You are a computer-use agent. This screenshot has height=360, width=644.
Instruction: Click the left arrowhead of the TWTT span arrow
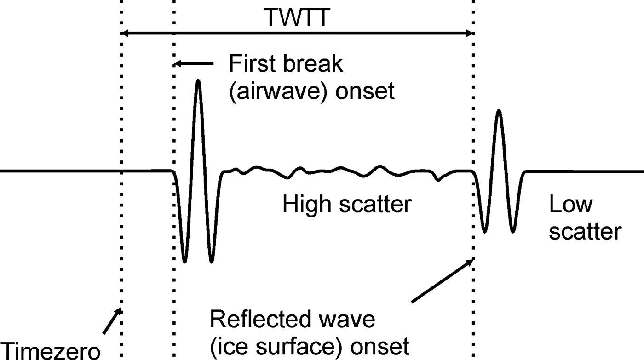[124, 33]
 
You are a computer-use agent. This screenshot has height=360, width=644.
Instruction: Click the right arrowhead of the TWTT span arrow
[469, 33]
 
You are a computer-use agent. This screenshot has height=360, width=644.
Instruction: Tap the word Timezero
[50, 350]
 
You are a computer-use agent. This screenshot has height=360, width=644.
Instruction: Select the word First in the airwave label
[255, 63]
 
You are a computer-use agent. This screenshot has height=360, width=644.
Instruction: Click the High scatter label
[347, 204]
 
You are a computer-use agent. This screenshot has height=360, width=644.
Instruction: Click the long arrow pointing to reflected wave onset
[442, 280]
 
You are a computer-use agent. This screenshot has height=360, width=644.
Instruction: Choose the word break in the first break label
[315, 63]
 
